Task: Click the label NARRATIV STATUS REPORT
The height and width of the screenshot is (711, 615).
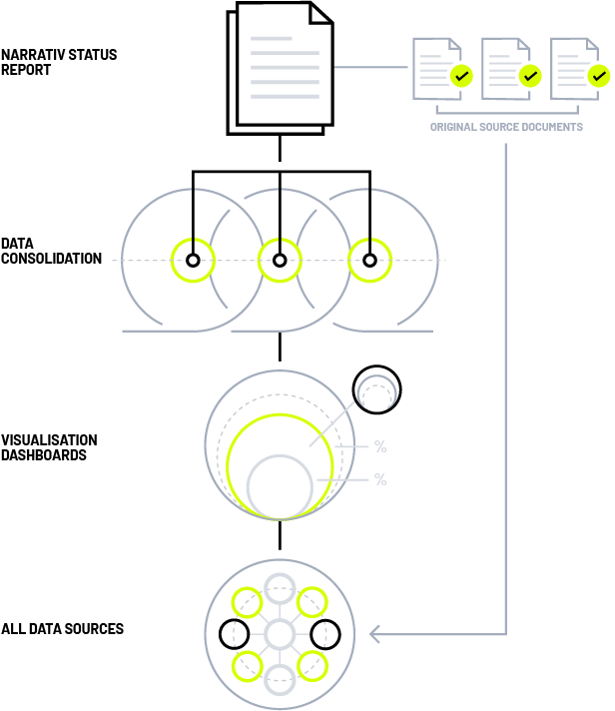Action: (x=59, y=62)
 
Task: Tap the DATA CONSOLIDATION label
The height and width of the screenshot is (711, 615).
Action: (x=51, y=251)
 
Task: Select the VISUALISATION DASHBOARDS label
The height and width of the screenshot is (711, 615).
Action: (x=49, y=447)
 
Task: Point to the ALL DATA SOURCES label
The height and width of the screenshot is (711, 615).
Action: (x=62, y=629)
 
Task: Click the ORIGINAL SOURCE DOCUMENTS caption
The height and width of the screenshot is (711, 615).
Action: (x=506, y=128)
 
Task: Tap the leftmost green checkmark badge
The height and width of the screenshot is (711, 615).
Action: (x=460, y=76)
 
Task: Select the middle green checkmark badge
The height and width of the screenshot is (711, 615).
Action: (x=529, y=76)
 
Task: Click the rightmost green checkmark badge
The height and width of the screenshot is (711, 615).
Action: (x=598, y=76)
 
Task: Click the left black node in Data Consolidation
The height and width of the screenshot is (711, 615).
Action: (x=193, y=261)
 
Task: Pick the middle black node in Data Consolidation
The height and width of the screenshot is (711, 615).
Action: (x=280, y=261)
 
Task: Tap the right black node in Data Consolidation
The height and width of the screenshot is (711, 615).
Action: (x=369, y=261)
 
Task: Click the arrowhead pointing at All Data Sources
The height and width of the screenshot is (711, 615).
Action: (x=375, y=634)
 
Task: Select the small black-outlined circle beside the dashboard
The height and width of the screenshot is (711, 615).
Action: (x=376, y=388)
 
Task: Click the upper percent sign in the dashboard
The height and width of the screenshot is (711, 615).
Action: (x=380, y=446)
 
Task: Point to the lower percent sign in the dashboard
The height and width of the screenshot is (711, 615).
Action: (x=380, y=479)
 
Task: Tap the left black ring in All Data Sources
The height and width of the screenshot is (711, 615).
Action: (x=234, y=633)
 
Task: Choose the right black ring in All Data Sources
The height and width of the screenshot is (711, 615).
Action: (x=325, y=633)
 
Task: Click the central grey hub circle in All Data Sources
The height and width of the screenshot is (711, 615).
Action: (x=280, y=633)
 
